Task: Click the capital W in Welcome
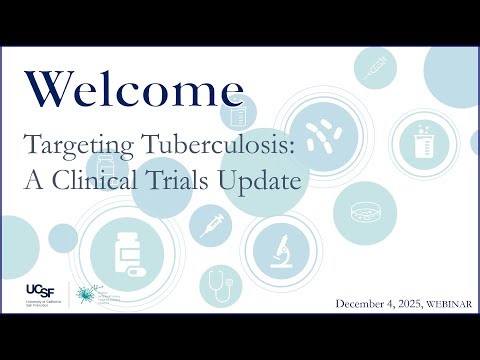point(47,90)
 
